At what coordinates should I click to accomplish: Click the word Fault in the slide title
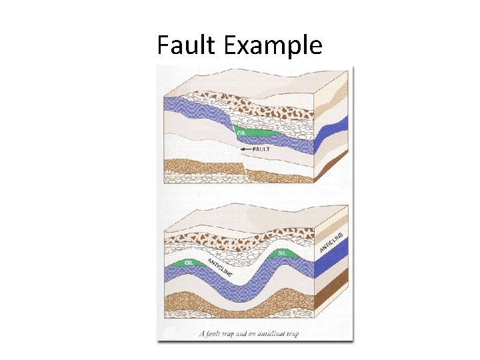coord(187,45)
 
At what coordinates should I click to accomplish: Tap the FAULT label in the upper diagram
coord(261,149)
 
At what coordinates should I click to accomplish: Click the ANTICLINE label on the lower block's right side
coord(331,241)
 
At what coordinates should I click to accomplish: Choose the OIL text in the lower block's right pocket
coord(282,253)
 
